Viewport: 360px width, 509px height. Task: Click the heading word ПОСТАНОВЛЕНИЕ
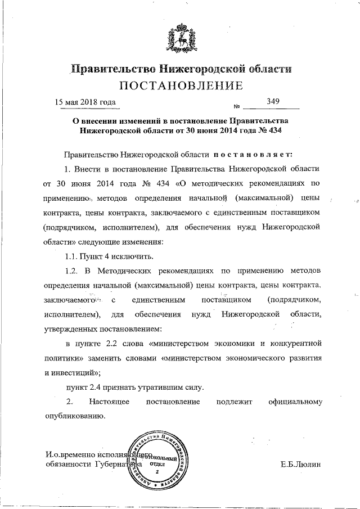pos(180,86)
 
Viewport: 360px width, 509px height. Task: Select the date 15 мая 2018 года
pos(85,102)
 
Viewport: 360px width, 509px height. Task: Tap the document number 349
pos(273,101)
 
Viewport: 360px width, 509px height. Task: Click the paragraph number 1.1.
pos(74,257)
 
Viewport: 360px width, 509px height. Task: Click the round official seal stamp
pos(159,461)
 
